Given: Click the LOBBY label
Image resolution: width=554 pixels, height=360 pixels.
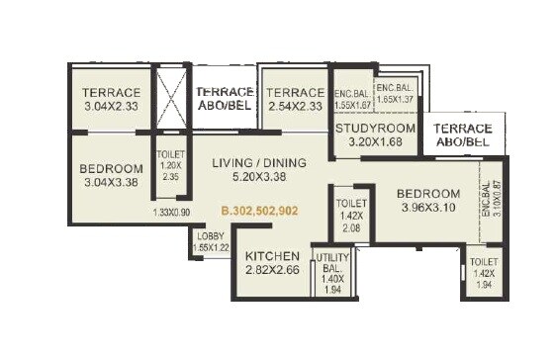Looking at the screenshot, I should (209, 234).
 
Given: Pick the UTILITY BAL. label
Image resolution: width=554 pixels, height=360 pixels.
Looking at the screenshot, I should (330, 263).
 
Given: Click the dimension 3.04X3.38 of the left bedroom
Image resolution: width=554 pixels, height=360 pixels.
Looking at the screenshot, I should (108, 183).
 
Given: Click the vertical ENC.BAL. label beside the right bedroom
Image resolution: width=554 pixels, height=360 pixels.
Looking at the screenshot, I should (486, 201).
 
